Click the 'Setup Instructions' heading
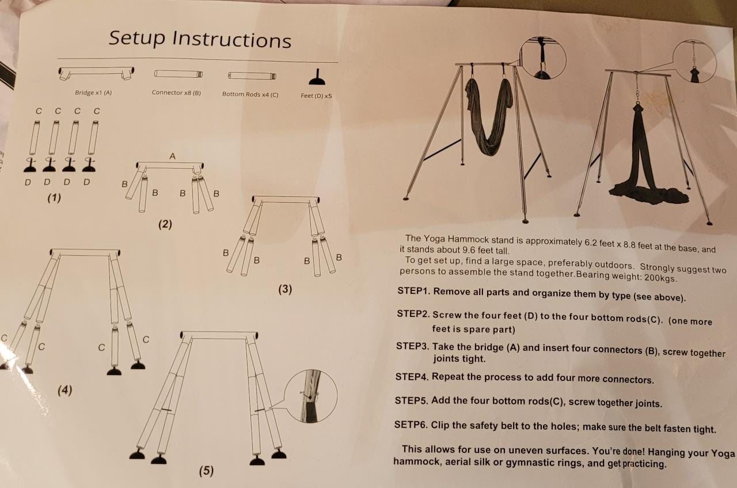(x=200, y=39)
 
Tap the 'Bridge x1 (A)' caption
(x=93, y=93)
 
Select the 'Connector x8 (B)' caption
(x=176, y=93)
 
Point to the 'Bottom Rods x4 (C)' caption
(x=250, y=94)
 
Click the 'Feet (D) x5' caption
(x=316, y=96)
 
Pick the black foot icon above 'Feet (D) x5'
(x=317, y=78)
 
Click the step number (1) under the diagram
(x=54, y=198)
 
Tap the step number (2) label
(x=165, y=224)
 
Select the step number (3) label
(x=285, y=289)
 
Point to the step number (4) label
(x=65, y=390)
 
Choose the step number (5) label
(x=206, y=471)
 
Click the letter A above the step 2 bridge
(x=172, y=156)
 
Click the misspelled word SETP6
(x=411, y=425)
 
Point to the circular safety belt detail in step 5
(x=310, y=396)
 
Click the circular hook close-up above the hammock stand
(x=543, y=58)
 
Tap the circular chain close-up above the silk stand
(x=694, y=62)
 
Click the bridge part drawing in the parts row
(x=96, y=73)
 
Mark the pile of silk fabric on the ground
(x=648, y=194)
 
